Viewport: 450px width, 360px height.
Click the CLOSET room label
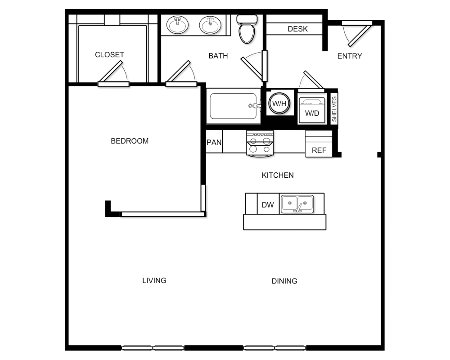click(x=109, y=54)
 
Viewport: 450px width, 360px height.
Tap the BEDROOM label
click(x=130, y=141)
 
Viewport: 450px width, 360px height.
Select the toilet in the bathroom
click(x=247, y=29)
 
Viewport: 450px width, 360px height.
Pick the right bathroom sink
click(x=210, y=25)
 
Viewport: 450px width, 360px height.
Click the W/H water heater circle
click(x=279, y=103)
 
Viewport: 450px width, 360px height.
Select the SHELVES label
click(x=334, y=109)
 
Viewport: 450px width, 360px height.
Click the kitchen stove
click(x=260, y=144)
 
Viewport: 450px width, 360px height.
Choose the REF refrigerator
click(x=319, y=144)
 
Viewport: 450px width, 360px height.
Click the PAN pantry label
click(x=214, y=142)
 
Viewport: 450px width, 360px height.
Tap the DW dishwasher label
click(x=268, y=205)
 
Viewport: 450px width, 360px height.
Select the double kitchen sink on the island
click(x=297, y=204)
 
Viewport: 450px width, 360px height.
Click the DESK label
click(x=297, y=29)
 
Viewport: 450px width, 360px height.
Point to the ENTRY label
click(x=350, y=56)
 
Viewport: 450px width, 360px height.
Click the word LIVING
click(x=154, y=280)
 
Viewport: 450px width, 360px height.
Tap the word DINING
click(x=284, y=281)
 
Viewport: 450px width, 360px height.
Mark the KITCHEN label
click(x=278, y=175)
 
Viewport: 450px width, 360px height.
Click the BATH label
click(x=218, y=56)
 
